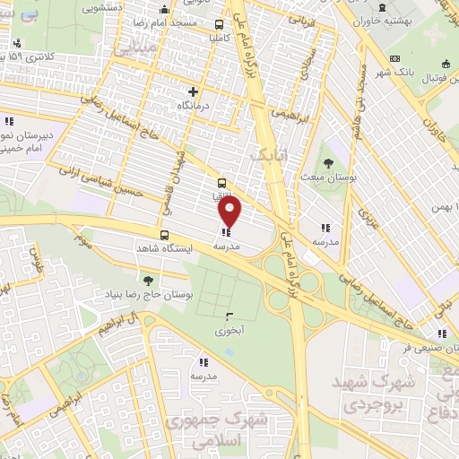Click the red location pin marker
(230, 211)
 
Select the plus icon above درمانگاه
(194, 91)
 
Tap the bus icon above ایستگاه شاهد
(163, 236)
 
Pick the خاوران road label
(434, 119)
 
